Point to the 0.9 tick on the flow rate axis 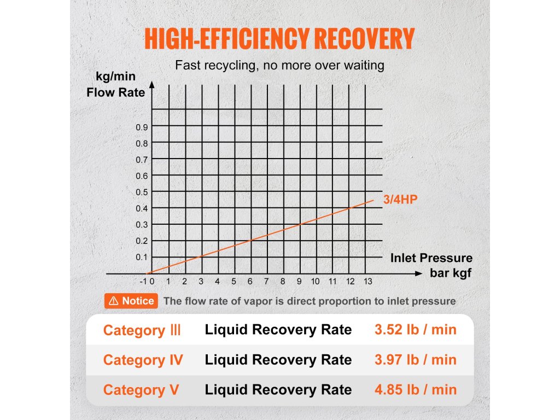tap(142, 127)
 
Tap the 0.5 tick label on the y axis tap(142, 192)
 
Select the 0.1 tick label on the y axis tap(142, 257)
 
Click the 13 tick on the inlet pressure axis tap(367, 282)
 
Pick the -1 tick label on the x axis tap(143, 282)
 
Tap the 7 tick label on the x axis tap(266, 282)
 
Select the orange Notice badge tap(131, 301)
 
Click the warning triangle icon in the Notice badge tap(114, 301)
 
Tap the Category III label tap(142, 330)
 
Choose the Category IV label tap(143, 360)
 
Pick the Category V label tap(141, 390)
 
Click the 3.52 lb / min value tap(415, 330)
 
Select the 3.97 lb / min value tap(415, 360)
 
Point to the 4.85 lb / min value tap(415, 389)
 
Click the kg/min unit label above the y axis tap(116, 77)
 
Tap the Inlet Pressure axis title tap(431, 258)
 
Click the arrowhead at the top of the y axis tap(152, 86)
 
